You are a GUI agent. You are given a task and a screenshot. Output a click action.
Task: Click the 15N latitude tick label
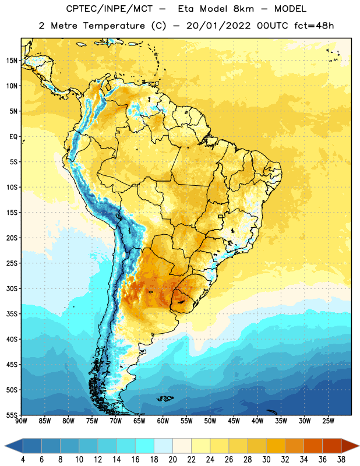12,61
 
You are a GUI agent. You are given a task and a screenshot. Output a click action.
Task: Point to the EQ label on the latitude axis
13,137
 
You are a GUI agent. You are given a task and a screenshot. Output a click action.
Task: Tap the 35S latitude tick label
12,314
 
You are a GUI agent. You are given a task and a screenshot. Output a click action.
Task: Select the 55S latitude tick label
12,415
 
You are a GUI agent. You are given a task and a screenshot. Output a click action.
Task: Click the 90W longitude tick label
21,421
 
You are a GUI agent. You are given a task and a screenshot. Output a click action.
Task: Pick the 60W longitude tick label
163,421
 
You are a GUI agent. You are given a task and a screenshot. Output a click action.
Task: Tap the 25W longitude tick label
328,421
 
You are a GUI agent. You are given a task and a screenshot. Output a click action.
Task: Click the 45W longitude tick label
234,421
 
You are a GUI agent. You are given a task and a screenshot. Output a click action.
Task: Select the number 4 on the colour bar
23,460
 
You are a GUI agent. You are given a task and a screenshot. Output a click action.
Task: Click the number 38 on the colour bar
341,460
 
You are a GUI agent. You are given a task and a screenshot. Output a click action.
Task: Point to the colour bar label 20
172,460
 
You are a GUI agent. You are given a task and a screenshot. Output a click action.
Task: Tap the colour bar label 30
266,460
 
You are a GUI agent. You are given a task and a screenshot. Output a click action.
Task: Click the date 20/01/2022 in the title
218,26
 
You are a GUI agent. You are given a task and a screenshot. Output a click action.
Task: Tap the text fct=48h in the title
314,26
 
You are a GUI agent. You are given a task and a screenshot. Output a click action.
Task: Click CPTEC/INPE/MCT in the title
109,9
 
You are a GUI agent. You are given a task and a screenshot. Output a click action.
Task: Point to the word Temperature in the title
114,26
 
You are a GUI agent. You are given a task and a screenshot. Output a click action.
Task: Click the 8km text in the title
243,9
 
